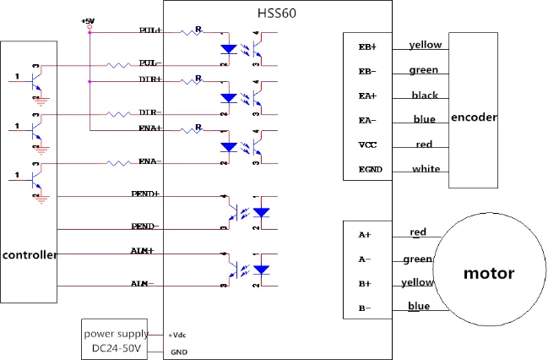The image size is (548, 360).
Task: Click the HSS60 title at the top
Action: [276, 13]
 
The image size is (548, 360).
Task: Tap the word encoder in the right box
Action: [474, 117]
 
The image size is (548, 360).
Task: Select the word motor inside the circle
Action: [489, 273]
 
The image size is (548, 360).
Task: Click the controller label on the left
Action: [30, 254]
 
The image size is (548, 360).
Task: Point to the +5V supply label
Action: [89, 19]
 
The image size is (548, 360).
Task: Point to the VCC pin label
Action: [367, 145]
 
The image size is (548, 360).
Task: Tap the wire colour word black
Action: [425, 95]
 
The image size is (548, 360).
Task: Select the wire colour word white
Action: [426, 169]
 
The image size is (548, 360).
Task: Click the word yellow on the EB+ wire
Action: [425, 45]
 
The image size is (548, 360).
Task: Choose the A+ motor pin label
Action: [364, 235]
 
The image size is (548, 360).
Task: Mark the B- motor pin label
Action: [364, 308]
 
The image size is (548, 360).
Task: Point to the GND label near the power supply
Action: [179, 352]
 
